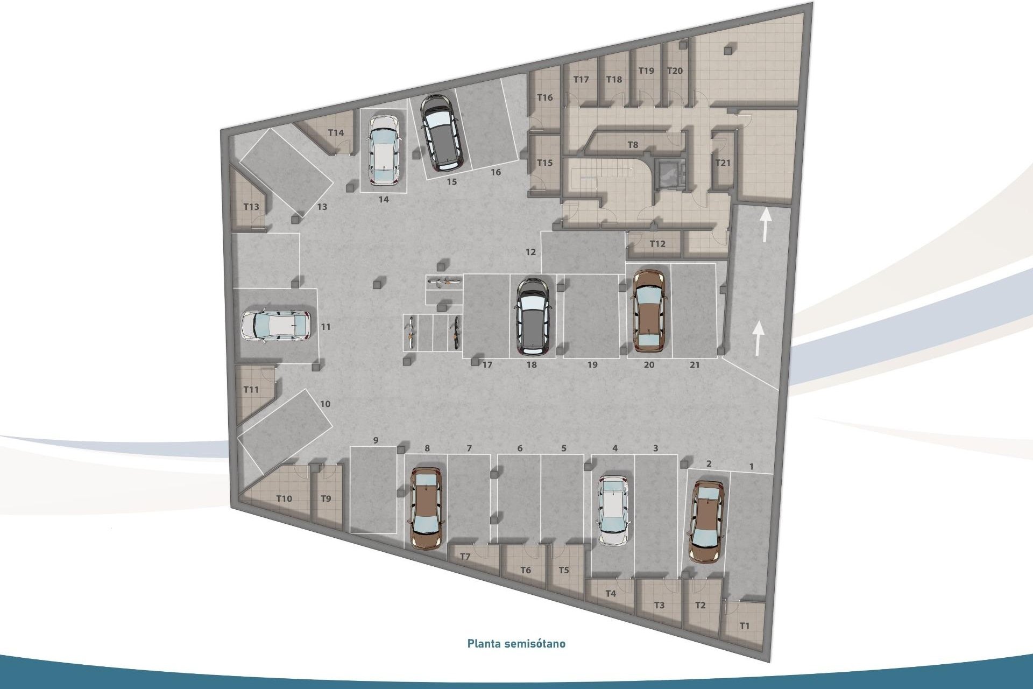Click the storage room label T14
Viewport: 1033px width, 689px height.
pos(336,133)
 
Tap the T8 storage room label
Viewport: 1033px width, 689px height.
pos(633,145)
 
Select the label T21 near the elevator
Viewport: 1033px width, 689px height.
pos(723,163)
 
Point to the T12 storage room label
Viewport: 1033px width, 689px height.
pos(657,244)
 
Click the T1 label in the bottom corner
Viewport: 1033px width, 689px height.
pos(744,626)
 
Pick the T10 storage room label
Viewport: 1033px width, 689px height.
pos(284,498)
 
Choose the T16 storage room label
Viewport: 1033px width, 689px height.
pos(545,97)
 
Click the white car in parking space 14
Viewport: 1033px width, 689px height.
pos(383,149)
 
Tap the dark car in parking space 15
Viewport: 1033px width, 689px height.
pos(441,131)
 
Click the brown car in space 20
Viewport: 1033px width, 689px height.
pos(649,311)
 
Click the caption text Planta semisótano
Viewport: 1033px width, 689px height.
pos(516,643)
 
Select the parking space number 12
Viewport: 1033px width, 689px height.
pos(531,252)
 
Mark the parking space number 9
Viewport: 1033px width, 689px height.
pos(376,440)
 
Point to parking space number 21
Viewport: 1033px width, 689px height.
pos(695,365)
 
